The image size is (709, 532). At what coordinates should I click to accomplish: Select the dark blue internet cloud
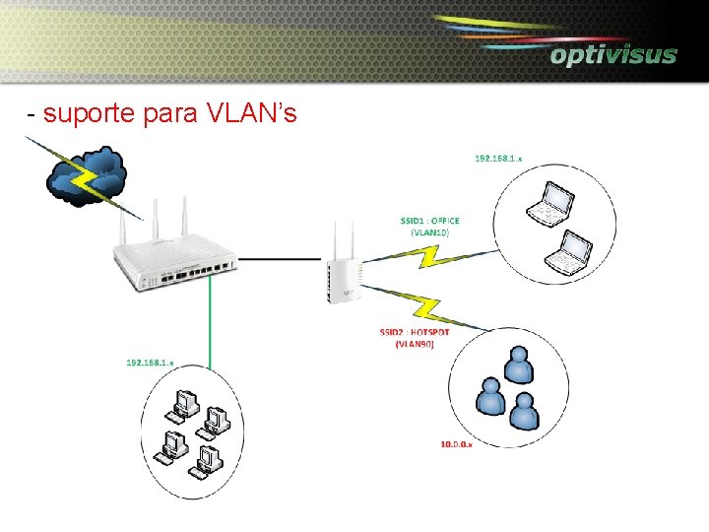tap(87, 177)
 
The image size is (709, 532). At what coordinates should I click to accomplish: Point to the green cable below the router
tap(208, 325)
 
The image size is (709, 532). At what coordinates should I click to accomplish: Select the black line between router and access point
tap(281, 260)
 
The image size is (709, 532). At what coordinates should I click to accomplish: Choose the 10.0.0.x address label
tap(456, 445)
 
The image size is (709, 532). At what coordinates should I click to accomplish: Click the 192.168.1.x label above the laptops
tap(499, 158)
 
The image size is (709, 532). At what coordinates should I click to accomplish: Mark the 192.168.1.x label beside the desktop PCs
tap(150, 363)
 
